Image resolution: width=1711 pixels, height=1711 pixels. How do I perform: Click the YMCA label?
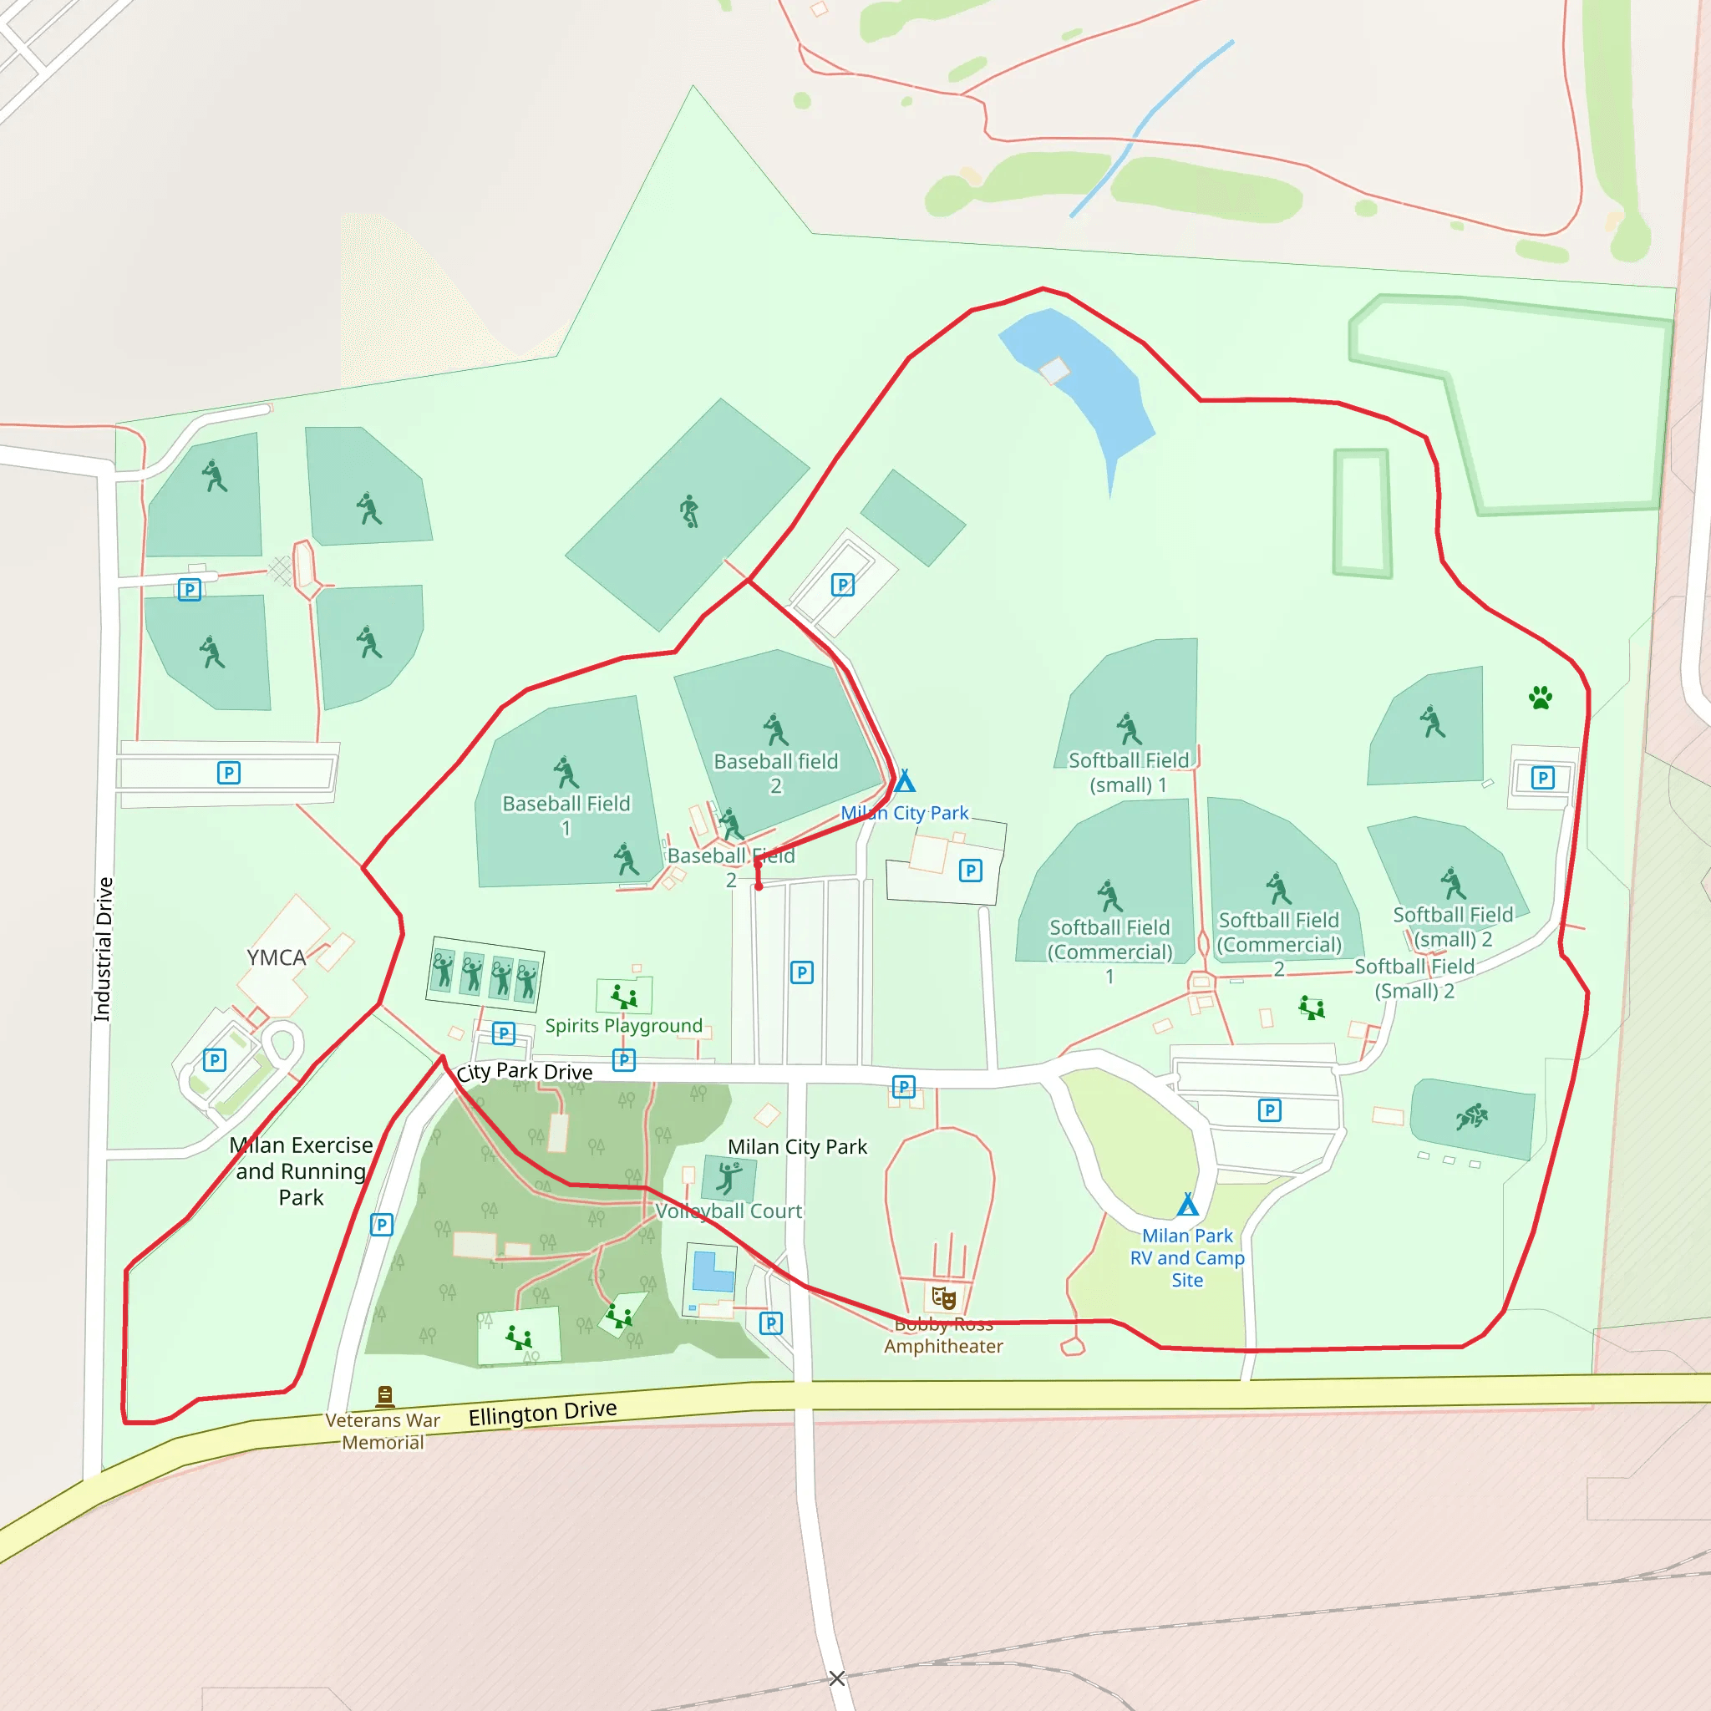point(277,957)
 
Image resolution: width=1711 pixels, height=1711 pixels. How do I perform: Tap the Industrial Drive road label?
point(104,948)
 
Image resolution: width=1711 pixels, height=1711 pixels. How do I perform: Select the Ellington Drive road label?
point(542,1412)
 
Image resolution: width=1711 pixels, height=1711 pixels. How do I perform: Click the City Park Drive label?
point(525,1072)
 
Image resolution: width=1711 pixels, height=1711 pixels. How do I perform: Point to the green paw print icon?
point(1540,698)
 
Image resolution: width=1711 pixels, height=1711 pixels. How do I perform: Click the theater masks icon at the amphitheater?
point(944,1298)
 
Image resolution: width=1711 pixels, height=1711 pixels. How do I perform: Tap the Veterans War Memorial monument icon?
point(384,1397)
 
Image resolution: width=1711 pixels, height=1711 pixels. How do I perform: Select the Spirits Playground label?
point(623,1026)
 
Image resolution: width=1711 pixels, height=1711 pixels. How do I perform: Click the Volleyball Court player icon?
point(729,1179)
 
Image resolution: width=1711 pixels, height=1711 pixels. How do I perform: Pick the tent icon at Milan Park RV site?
point(1188,1205)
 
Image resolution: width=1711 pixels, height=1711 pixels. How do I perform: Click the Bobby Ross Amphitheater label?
point(943,1336)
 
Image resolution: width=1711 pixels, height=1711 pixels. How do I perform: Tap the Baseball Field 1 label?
point(566,815)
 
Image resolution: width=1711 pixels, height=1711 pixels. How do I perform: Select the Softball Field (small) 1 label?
point(1128,772)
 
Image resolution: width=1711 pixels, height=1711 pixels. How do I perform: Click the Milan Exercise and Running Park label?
point(301,1170)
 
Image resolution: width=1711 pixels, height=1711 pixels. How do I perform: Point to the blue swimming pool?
point(712,1271)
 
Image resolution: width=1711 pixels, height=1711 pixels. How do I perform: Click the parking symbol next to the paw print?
point(1543,779)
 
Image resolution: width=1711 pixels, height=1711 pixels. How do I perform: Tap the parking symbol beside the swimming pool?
point(771,1323)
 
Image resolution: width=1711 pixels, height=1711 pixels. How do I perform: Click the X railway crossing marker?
point(837,1678)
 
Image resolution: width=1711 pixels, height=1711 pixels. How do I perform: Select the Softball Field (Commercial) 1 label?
point(1109,951)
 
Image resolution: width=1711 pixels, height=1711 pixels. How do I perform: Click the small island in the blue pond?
point(1054,370)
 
